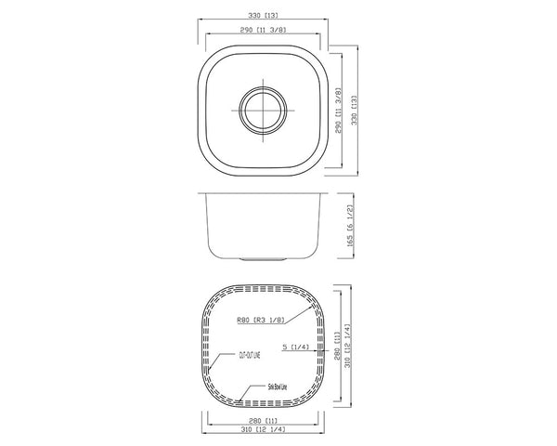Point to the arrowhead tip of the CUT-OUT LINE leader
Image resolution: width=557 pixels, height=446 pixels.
tap(209, 373)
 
